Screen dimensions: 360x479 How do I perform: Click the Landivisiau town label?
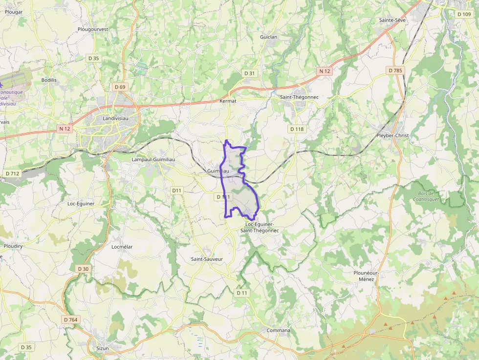(x=115, y=118)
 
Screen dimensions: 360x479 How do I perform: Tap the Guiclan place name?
(x=269, y=37)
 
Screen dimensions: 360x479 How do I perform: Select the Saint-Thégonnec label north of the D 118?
(x=299, y=97)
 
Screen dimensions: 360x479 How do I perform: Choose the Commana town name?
(x=278, y=330)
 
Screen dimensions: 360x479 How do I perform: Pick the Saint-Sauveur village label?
(x=207, y=259)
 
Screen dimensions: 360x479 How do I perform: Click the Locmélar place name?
(x=122, y=247)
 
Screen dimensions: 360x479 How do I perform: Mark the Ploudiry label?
(x=13, y=246)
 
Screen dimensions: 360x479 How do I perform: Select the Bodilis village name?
(x=49, y=80)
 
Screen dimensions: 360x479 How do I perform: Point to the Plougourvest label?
(x=93, y=29)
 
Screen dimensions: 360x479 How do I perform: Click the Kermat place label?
(x=228, y=101)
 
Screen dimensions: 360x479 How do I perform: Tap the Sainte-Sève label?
(x=392, y=20)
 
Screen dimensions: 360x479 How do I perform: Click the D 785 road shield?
(x=395, y=71)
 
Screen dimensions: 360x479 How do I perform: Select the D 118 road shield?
(x=297, y=129)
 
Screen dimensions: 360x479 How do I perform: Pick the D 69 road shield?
(x=120, y=87)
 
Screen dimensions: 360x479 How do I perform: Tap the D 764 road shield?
(x=70, y=319)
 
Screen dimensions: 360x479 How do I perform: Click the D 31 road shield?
(x=250, y=73)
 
